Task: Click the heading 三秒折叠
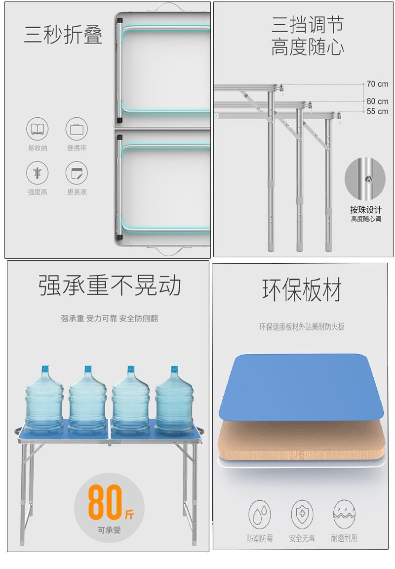tap(63, 35)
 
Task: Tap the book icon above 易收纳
tap(37, 129)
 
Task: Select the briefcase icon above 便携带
tap(77, 129)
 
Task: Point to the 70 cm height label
tap(377, 84)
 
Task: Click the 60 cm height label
tap(377, 101)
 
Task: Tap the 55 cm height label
tap(377, 111)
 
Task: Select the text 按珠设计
tap(366, 210)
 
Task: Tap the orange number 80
tap(105, 502)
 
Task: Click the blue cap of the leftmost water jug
tap(44, 369)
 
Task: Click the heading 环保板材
tap(302, 290)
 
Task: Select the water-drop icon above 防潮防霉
tap(260, 515)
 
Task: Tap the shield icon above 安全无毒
tap(302, 515)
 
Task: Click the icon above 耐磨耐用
tap(344, 515)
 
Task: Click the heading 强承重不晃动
tap(110, 285)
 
